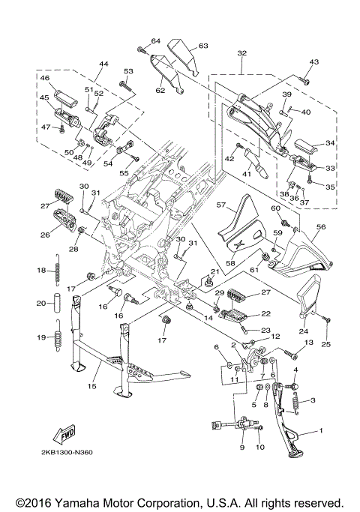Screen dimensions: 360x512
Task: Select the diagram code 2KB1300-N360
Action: pos(67,452)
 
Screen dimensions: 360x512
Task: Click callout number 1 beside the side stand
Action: pos(321,431)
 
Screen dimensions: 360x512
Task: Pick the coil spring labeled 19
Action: pos(58,336)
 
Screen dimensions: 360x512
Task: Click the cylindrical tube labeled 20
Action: pos(58,304)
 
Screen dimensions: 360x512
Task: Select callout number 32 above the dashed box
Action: pos(242,53)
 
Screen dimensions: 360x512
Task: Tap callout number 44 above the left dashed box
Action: pos(103,64)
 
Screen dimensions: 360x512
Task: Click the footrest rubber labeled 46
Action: pos(66,97)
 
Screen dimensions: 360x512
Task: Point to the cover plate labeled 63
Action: pos(183,56)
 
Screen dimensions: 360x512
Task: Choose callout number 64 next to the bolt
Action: pos(156,40)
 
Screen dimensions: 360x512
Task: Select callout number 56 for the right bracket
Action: pos(321,226)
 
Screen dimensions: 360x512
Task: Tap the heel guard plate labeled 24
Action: pos(309,296)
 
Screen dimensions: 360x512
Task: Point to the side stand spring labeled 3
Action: pos(296,403)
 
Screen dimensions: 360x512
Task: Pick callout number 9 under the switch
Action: pos(242,447)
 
